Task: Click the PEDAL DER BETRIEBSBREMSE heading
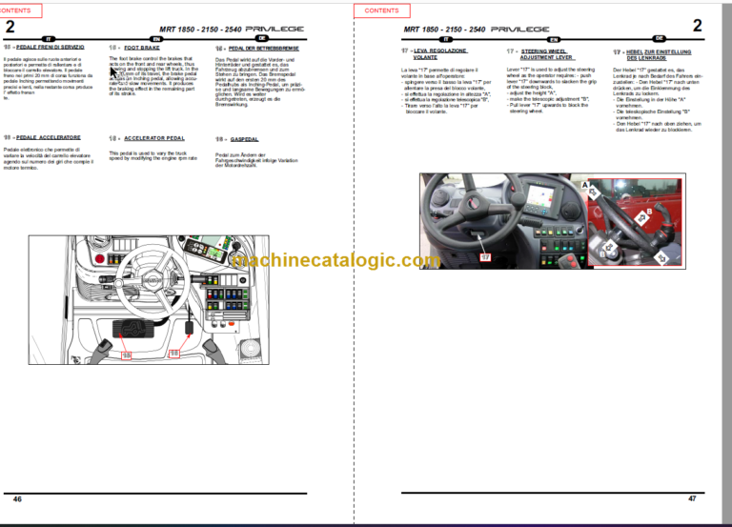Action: tap(257, 47)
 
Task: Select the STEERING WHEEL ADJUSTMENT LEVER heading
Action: tap(544, 54)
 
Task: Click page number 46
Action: tap(17, 497)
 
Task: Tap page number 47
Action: tap(693, 497)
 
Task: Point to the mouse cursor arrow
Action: tap(113, 61)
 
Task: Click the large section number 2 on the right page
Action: tap(697, 26)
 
